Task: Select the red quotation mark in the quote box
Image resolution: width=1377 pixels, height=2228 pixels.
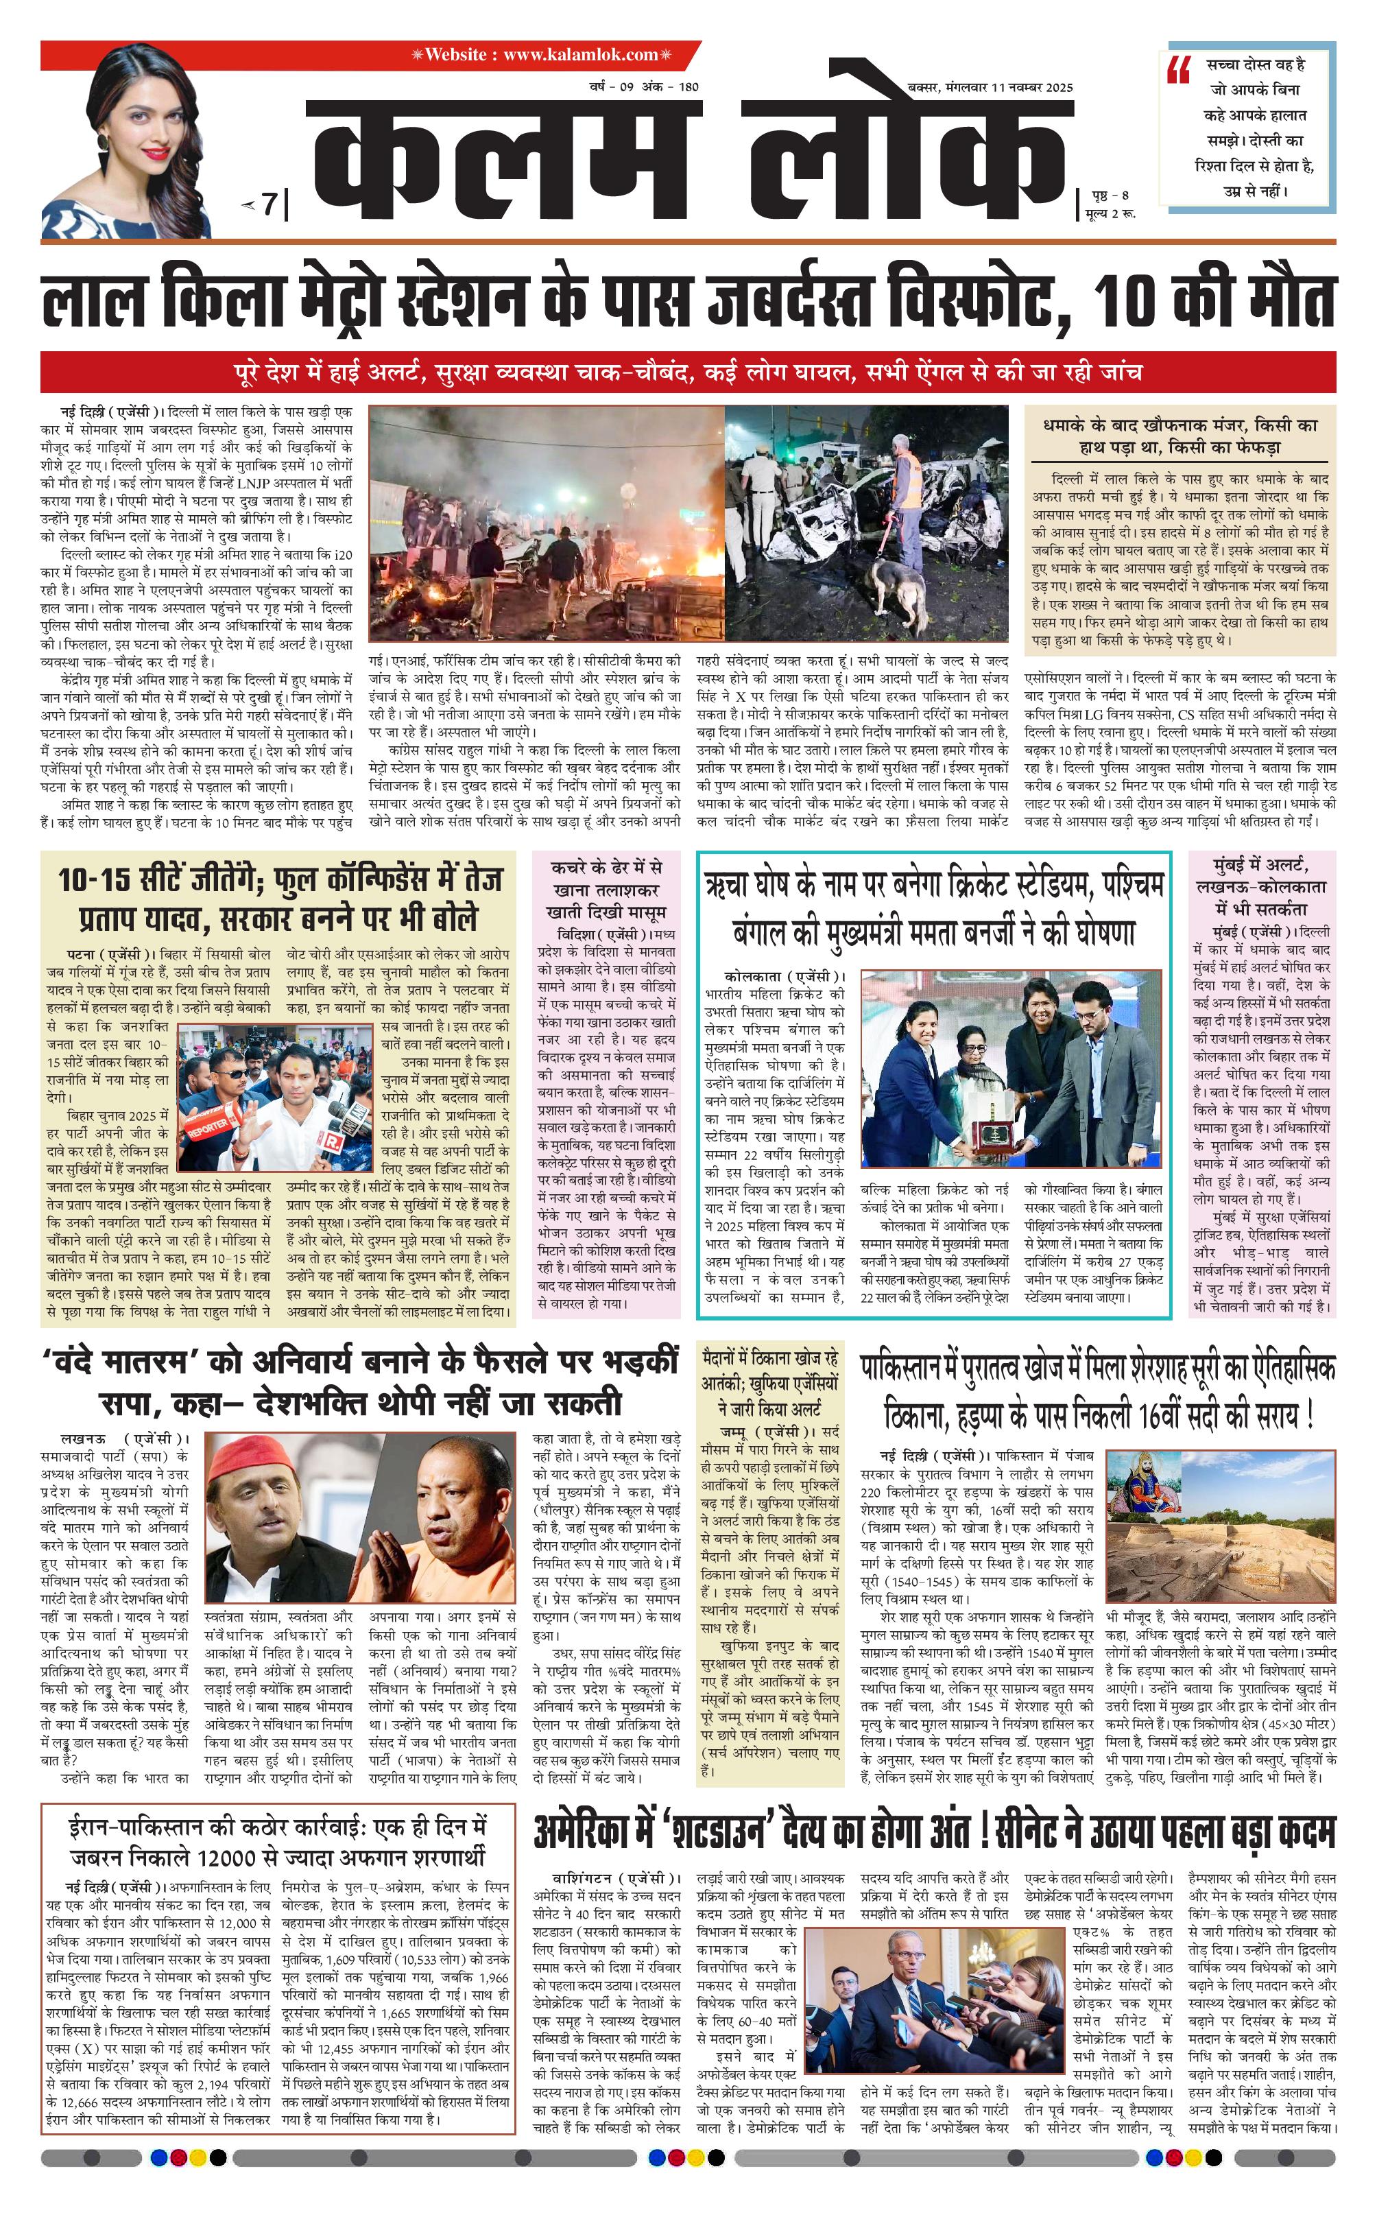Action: [x=1178, y=69]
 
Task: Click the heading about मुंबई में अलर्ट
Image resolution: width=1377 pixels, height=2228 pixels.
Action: [x=1260, y=884]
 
